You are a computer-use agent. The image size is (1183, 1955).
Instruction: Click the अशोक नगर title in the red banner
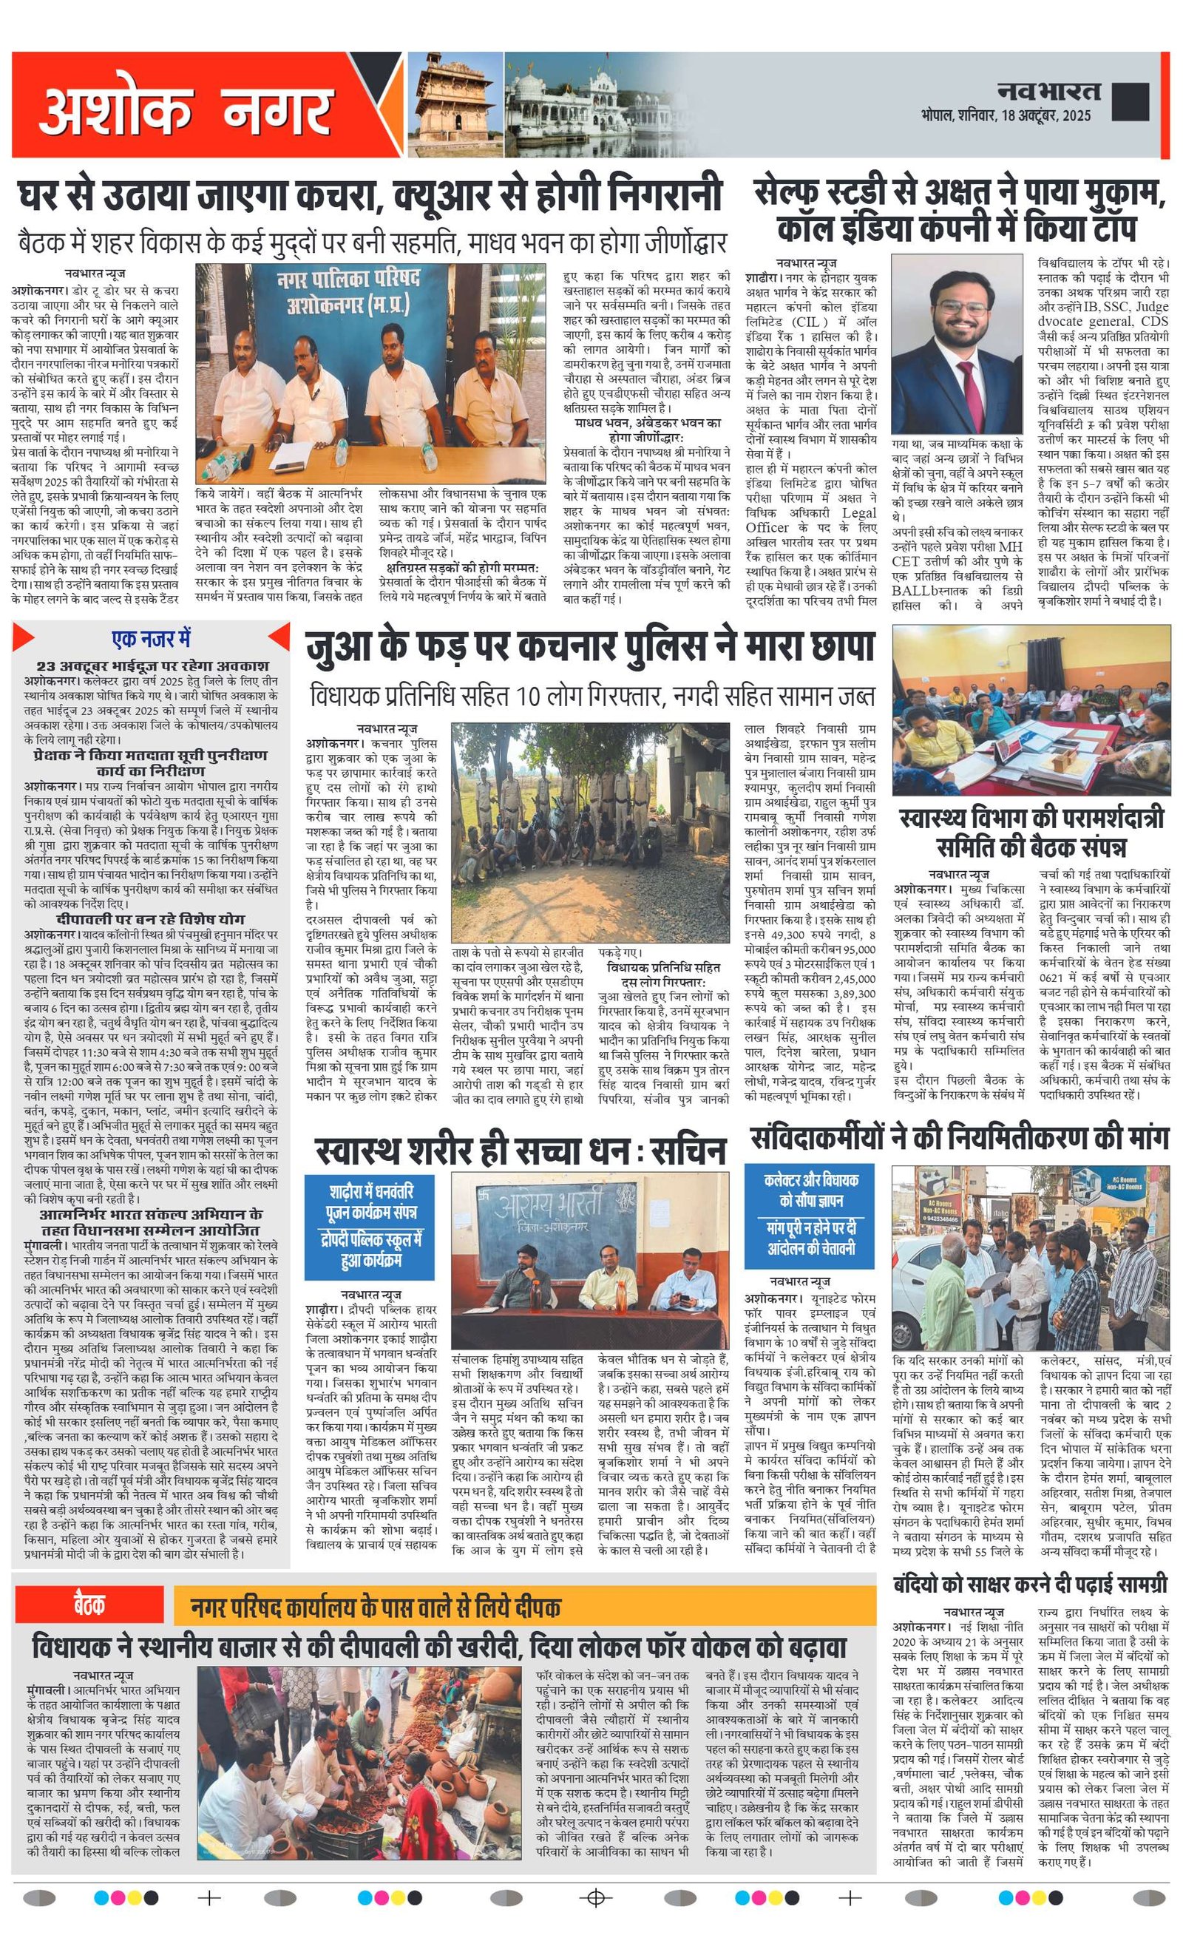point(185,110)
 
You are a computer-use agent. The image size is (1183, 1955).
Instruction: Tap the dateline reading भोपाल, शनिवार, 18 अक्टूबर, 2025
point(1006,116)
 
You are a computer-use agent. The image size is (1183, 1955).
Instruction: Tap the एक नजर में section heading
point(151,639)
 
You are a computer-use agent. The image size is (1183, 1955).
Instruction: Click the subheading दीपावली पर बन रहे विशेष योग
point(151,919)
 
